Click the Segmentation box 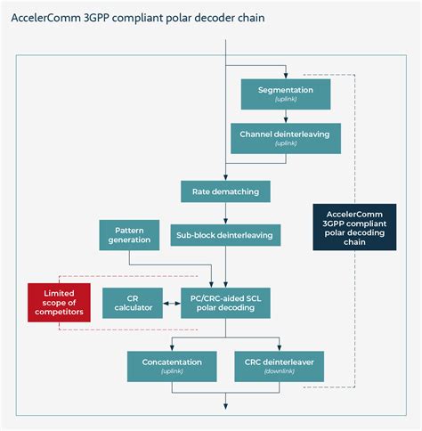click(285, 94)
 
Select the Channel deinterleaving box click(285, 138)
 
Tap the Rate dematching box click(225, 191)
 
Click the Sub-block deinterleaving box click(225, 235)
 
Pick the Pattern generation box click(129, 235)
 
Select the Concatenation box click(172, 365)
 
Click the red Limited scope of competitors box click(58, 303)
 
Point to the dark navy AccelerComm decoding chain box click(353, 228)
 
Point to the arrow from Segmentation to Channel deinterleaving click(285, 116)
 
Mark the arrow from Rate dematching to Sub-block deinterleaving click(225, 213)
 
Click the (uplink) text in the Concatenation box click(172, 371)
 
